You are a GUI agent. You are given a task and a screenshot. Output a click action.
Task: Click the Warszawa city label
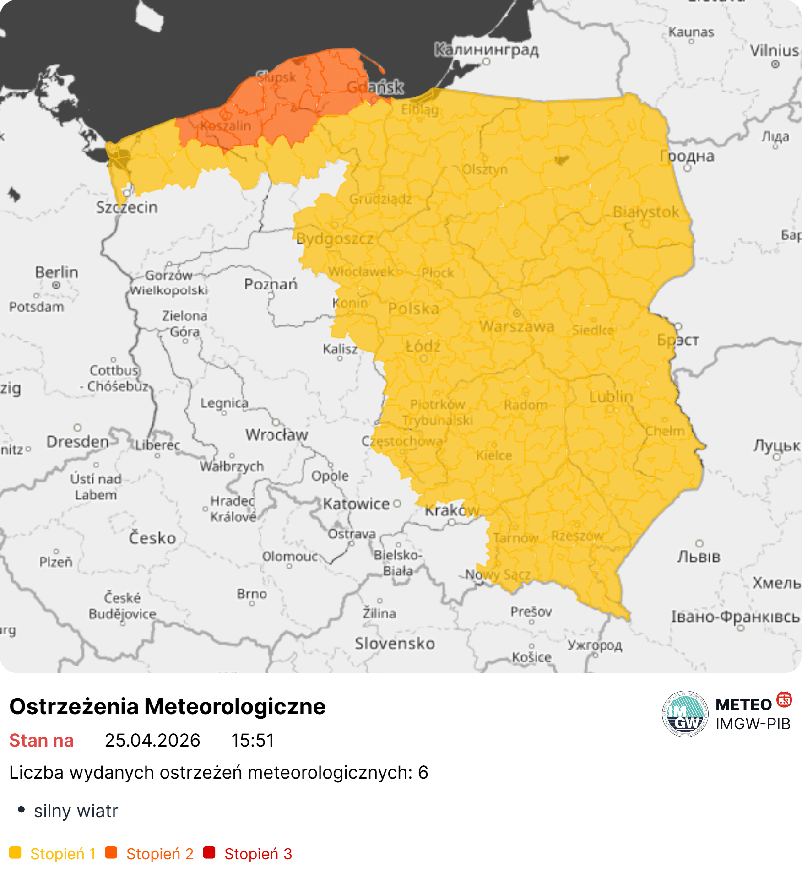click(517, 327)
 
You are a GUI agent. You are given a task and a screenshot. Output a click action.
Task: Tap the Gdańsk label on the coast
click(375, 87)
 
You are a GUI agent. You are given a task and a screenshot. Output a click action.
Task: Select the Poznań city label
click(271, 284)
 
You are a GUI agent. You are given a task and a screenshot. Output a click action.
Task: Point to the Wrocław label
click(276, 434)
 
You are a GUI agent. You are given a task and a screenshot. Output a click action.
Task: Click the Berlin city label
click(56, 272)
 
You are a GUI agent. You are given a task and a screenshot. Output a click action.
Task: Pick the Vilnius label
click(775, 50)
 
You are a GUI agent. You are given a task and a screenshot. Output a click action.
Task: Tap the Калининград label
click(486, 49)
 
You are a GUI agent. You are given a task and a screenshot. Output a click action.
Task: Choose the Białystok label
click(646, 212)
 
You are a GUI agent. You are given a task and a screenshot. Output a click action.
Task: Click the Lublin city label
click(611, 396)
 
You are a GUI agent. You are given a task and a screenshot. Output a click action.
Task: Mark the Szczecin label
click(127, 207)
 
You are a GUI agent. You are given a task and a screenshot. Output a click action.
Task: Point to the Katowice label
click(356, 504)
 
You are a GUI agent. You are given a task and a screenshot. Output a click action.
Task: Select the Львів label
click(699, 557)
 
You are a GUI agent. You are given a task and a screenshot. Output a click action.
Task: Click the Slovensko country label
click(395, 644)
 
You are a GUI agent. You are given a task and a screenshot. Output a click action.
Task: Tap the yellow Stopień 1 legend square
click(15, 853)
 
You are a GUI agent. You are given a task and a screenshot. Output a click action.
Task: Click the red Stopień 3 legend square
click(209, 853)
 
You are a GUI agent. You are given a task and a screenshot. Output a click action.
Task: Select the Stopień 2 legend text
click(160, 854)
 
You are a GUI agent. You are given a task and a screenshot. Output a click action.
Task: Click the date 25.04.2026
click(152, 740)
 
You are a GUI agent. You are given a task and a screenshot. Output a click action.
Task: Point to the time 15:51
click(252, 740)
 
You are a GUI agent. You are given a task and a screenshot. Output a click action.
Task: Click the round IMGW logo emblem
click(685, 714)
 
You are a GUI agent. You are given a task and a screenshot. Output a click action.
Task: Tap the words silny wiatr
click(76, 811)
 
